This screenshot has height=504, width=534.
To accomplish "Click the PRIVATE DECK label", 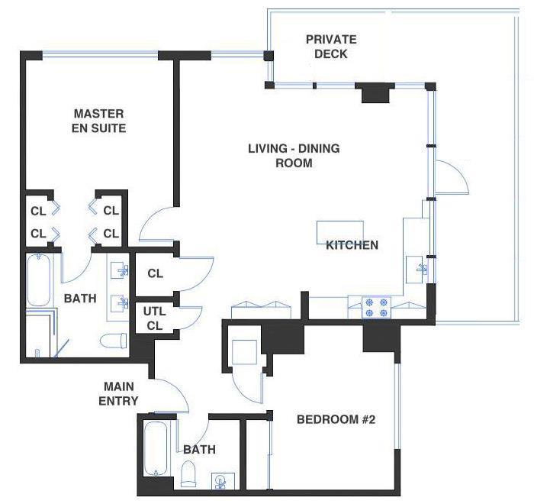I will (331, 47).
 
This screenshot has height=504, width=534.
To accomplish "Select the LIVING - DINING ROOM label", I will (294, 155).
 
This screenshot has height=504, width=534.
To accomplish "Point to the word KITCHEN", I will (352, 245).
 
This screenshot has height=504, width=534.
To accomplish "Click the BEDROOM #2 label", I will (336, 419).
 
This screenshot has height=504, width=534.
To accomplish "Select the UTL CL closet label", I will (155, 318).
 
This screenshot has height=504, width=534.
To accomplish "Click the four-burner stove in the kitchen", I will (376, 307).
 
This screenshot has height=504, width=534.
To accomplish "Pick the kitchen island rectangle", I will (340, 232).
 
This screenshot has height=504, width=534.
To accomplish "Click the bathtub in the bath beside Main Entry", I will (155, 452).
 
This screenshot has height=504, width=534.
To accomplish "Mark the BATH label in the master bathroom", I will (80, 299).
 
